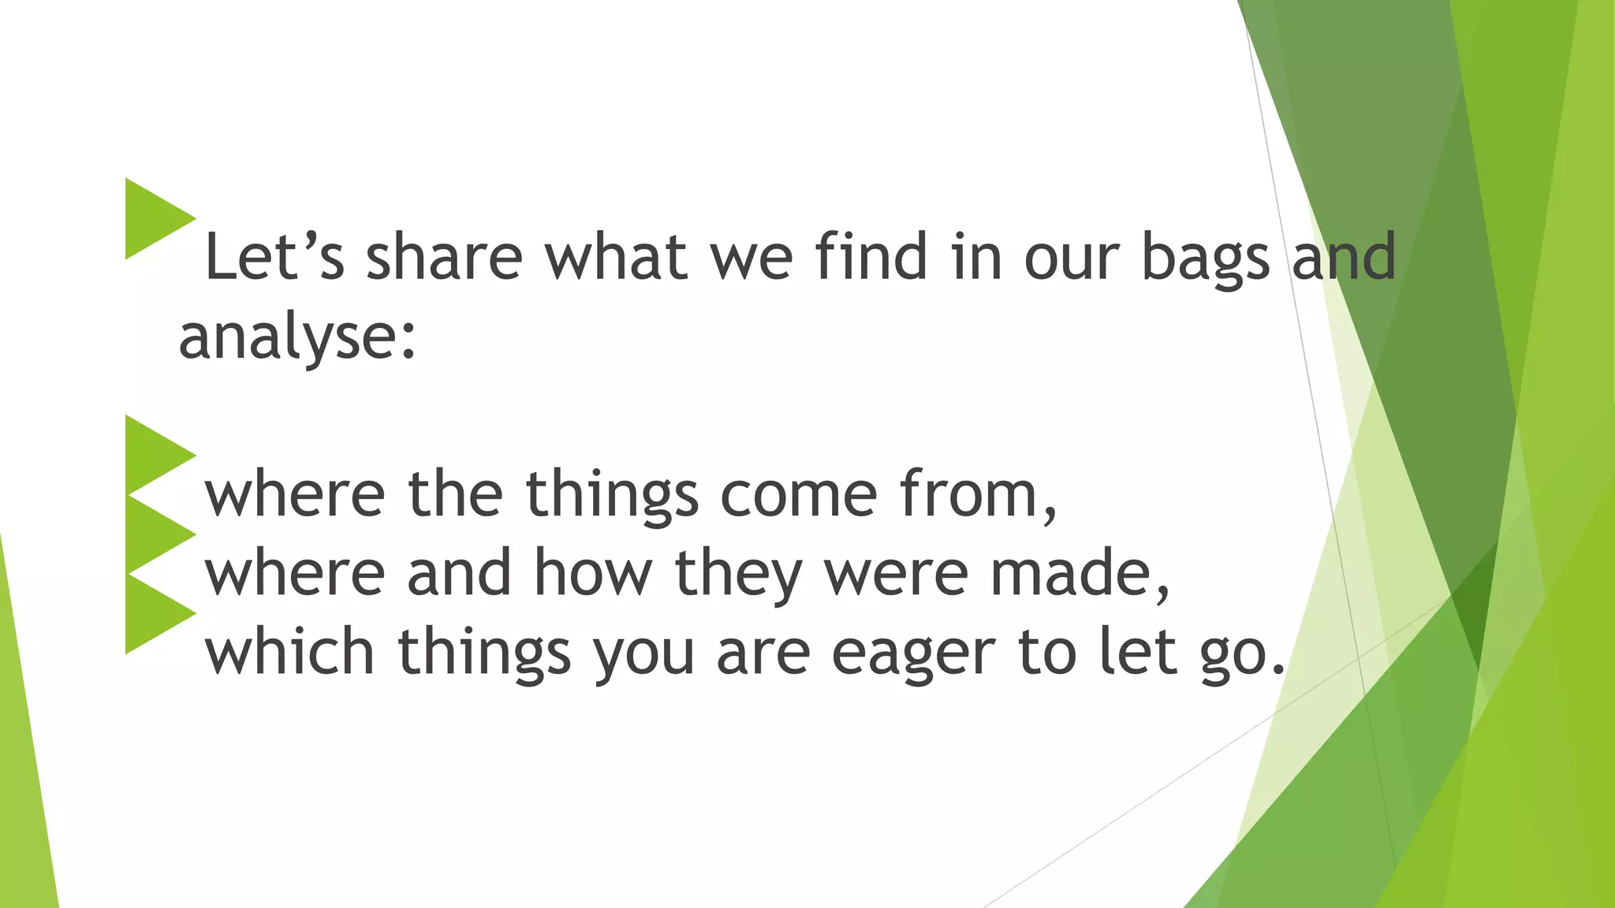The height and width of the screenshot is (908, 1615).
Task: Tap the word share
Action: click(444, 257)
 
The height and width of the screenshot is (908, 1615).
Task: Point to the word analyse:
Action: click(297, 337)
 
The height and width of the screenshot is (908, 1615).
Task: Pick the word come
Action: click(798, 495)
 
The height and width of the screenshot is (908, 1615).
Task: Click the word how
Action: click(593, 573)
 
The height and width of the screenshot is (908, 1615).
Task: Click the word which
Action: click(289, 652)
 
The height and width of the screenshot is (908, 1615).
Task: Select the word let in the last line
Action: click(1139, 652)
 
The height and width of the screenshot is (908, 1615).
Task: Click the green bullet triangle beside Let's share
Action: click(155, 218)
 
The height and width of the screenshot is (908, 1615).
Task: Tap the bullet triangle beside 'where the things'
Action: click(155, 455)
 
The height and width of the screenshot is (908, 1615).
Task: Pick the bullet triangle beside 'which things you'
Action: click(155, 613)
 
